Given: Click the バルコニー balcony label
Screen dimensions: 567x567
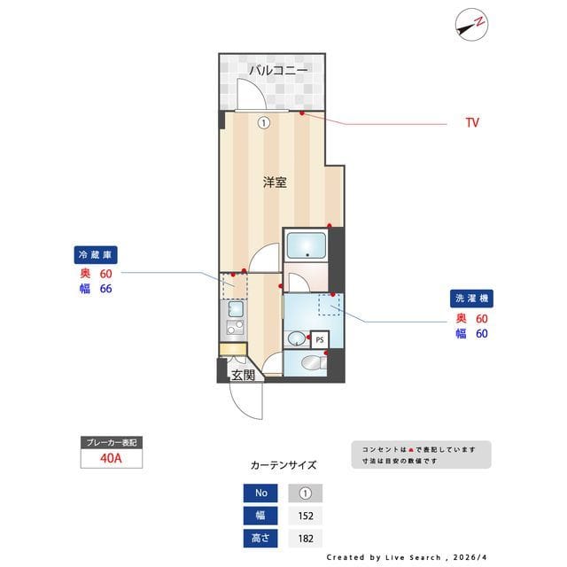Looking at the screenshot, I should pyautogui.click(x=277, y=69).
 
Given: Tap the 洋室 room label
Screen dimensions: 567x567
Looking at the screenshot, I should pyautogui.click(x=275, y=183).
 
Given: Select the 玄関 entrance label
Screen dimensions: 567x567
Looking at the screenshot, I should pyautogui.click(x=243, y=376).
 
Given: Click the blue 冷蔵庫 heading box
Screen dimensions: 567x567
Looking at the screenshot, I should pyautogui.click(x=96, y=255).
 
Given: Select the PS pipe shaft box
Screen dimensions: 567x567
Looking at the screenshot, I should pyautogui.click(x=319, y=339).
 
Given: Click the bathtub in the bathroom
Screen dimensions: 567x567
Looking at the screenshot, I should pyautogui.click(x=306, y=243).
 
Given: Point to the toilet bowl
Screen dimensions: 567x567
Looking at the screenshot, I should pyautogui.click(x=310, y=361).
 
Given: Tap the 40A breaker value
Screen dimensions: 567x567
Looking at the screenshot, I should pyautogui.click(x=110, y=459).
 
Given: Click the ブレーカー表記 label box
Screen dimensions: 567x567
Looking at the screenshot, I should pyautogui.click(x=110, y=442).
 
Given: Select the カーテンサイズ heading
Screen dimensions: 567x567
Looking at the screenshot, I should pyautogui.click(x=283, y=465).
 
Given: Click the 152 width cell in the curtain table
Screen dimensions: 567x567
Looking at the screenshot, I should pyautogui.click(x=306, y=516).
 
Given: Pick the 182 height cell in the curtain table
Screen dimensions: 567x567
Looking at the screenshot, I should pyautogui.click(x=306, y=538).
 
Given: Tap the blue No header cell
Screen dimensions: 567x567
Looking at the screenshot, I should pyautogui.click(x=260, y=493).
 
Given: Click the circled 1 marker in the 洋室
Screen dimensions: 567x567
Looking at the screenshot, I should pyautogui.click(x=263, y=123).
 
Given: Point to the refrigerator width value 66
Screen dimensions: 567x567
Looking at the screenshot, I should pyautogui.click(x=105, y=289).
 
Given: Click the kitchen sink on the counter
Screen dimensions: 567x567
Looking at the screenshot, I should pyautogui.click(x=236, y=310).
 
